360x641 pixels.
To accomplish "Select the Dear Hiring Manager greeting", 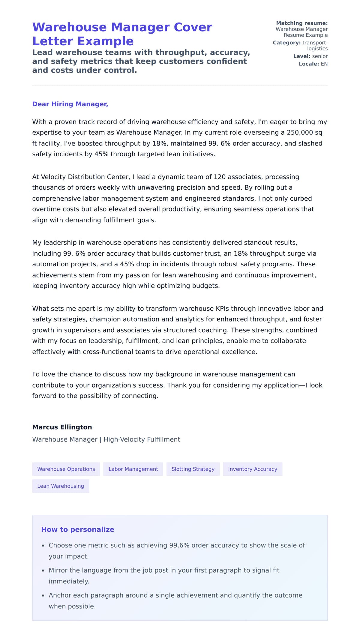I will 70,104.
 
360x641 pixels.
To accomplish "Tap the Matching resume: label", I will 302,23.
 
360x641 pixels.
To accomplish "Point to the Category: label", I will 286,43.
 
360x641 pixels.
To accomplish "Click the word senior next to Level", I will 320,56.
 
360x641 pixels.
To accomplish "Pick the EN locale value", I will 324,64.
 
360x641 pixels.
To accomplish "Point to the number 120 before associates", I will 220,177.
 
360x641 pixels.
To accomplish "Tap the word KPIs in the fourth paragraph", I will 222,309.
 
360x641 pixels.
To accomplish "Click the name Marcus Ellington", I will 62,427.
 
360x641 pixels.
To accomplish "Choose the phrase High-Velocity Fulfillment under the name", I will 142,439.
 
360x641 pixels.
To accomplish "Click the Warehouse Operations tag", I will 66,469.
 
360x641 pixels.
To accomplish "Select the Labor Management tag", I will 133,469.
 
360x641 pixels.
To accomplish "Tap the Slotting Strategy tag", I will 193,469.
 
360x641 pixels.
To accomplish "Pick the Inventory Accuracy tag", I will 253,469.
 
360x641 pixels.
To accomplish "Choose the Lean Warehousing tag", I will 61,486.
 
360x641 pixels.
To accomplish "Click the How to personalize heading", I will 78,529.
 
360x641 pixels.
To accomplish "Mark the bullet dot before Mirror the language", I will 43,571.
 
